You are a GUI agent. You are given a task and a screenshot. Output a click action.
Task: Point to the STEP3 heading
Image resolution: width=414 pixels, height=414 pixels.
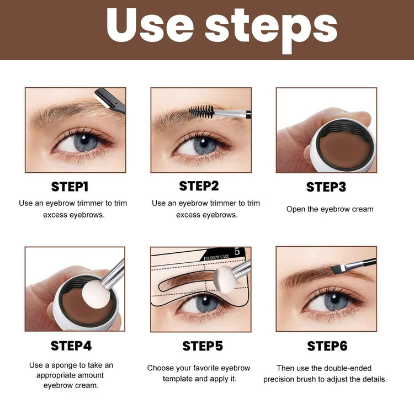point(326,187)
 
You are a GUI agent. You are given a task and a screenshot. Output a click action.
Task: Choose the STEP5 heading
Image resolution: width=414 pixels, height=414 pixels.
point(203,346)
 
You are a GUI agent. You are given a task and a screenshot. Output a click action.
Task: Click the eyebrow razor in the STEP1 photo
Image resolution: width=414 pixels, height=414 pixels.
point(110,101)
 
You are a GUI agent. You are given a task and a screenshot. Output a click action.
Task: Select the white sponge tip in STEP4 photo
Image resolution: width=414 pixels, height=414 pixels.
point(93,297)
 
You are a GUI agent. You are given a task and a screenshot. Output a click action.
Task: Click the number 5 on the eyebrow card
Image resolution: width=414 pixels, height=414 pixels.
point(237,252)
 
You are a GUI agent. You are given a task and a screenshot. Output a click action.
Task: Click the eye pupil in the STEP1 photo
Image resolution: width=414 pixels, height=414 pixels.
point(85,142)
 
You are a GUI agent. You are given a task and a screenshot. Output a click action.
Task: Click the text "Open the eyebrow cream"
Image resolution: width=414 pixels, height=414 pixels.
point(330,209)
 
